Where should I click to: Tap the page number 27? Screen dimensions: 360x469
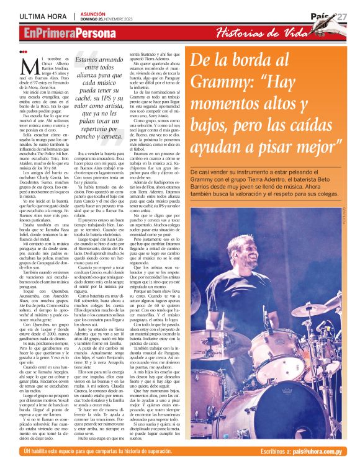click(341, 17)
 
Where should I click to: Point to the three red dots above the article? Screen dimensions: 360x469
click(23, 51)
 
